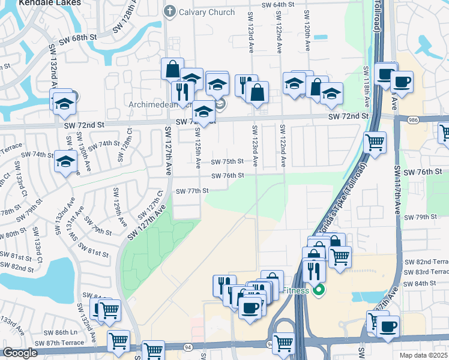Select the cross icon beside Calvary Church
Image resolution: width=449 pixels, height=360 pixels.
tap(170, 11)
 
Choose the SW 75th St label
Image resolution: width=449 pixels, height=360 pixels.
tap(228, 161)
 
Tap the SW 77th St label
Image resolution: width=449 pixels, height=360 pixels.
tap(191, 191)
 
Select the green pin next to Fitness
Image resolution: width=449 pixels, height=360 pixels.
tap(319, 291)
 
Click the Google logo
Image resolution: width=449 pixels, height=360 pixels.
tap(19, 353)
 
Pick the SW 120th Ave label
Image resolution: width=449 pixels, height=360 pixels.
tap(307, 30)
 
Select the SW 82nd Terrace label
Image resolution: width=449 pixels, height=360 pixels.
tap(426, 262)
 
